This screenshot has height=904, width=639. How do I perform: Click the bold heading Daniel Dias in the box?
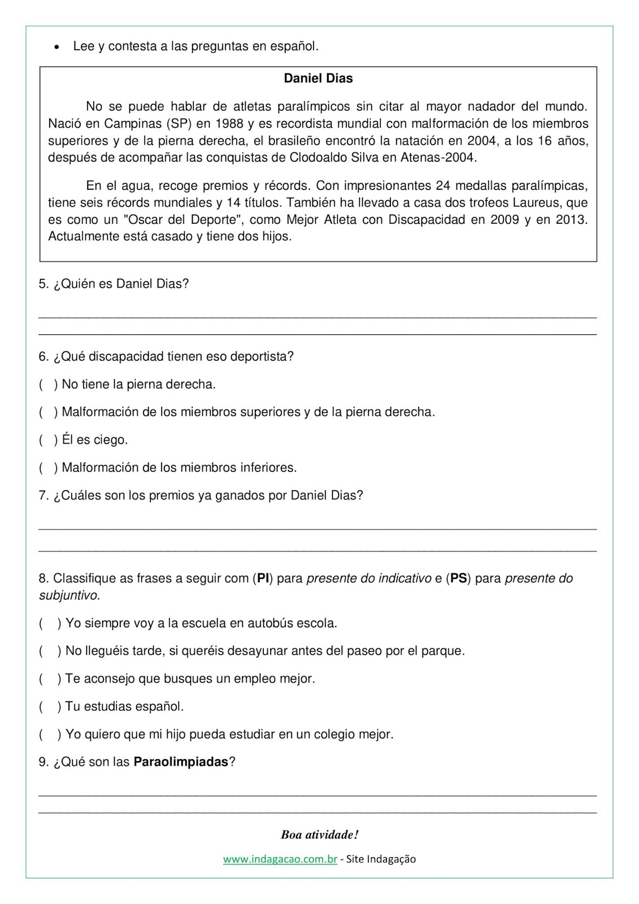point(318,79)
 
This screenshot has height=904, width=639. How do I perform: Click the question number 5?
point(44,284)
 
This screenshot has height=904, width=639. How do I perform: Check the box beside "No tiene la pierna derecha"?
point(48,385)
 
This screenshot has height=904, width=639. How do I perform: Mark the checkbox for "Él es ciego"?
point(48,440)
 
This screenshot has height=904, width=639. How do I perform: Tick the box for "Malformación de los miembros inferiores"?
point(48,468)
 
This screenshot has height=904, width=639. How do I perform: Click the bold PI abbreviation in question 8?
point(263,579)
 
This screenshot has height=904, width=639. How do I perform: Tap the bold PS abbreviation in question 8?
point(458,579)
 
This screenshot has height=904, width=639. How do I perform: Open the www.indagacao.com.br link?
point(280,859)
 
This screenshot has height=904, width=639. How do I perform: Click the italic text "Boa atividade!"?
point(319,835)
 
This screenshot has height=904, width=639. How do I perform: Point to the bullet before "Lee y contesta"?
point(56,47)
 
